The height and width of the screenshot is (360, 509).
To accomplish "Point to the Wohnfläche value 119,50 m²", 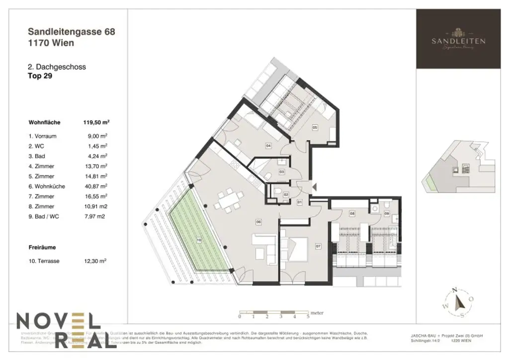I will tap(96, 121).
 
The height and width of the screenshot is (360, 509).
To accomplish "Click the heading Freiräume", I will tap(42, 247).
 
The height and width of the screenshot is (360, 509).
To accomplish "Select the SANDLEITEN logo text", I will tap(458, 41).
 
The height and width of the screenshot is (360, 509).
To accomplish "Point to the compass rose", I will tap(458, 301).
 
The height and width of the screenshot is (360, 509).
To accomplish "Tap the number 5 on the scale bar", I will tap(308, 316).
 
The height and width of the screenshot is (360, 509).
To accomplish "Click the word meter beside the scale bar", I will tap(317, 313).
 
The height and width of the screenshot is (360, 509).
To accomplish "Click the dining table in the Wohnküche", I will tap(228, 201).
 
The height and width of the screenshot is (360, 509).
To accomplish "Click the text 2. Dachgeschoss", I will tap(57, 67).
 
